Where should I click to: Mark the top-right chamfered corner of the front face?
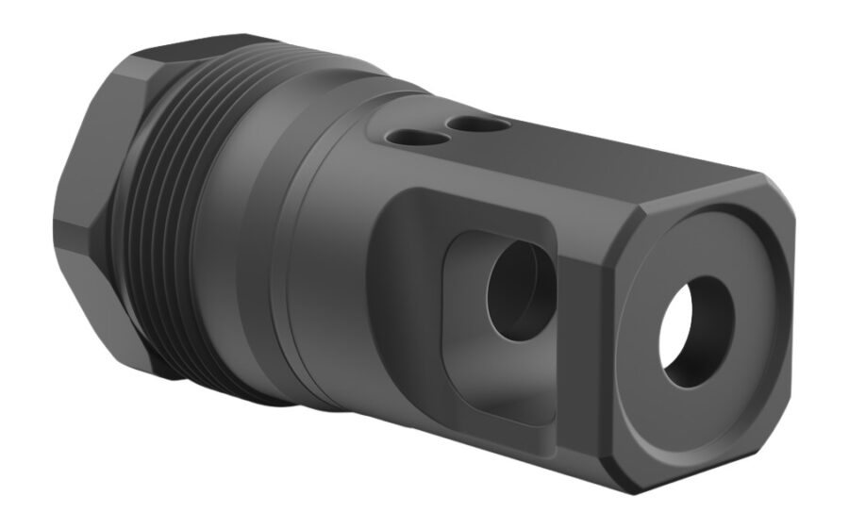(775, 190)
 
